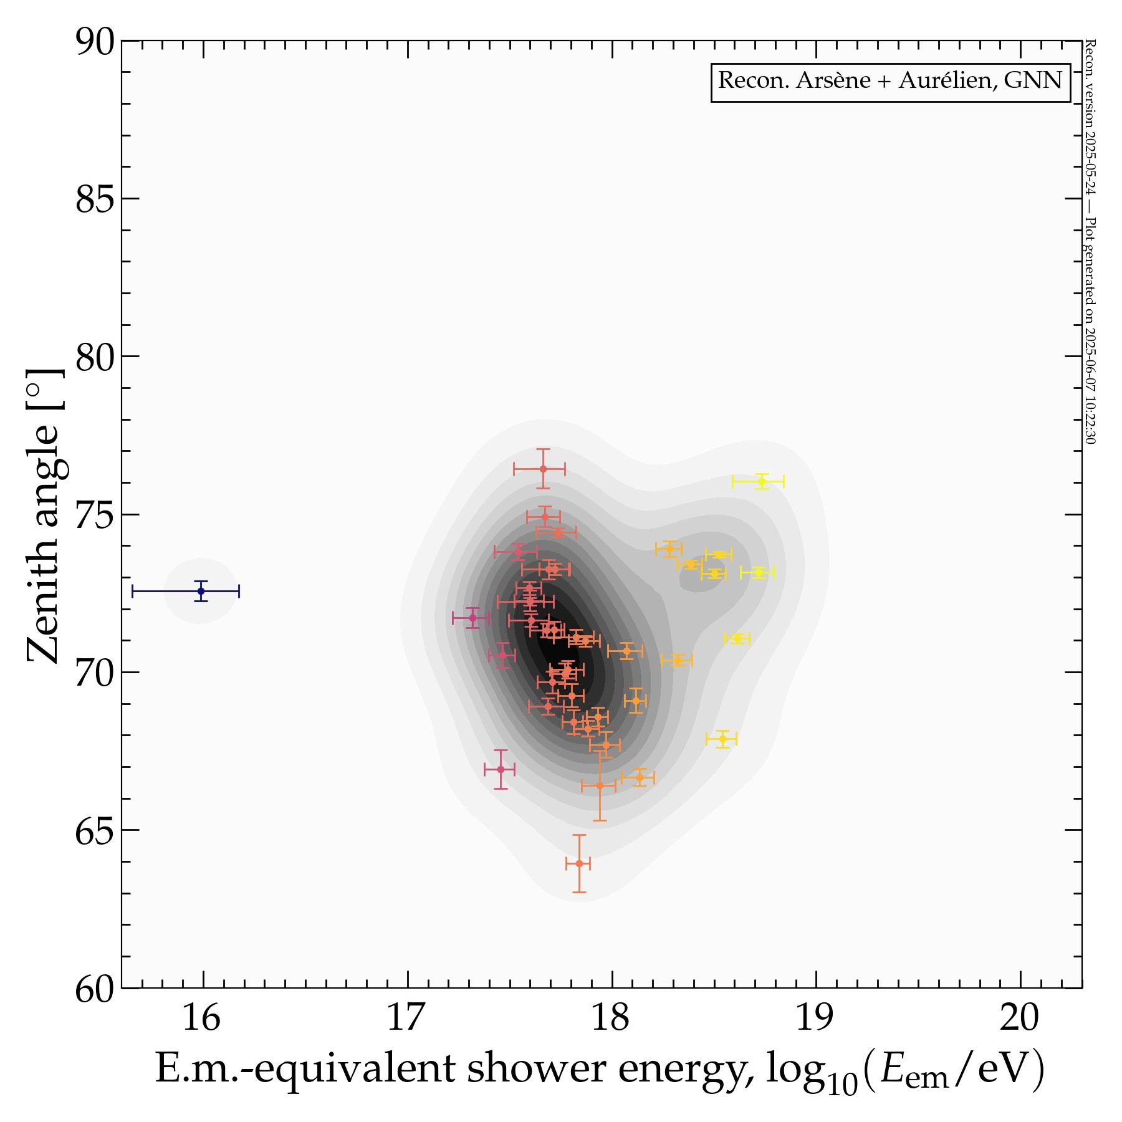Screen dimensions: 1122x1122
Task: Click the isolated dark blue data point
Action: tap(201, 591)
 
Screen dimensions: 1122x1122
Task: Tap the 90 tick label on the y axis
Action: tap(95, 42)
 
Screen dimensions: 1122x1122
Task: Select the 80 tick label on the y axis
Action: tap(95, 357)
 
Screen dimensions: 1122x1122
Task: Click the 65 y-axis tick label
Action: tap(95, 831)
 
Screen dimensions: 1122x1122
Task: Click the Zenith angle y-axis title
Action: tap(45, 516)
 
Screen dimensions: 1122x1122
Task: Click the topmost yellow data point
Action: tap(761, 481)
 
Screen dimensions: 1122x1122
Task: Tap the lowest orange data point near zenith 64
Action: tap(579, 863)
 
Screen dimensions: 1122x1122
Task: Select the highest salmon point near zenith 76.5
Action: tap(543, 469)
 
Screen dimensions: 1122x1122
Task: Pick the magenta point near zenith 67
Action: tap(501, 769)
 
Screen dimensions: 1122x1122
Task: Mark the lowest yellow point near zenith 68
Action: tap(722, 739)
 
